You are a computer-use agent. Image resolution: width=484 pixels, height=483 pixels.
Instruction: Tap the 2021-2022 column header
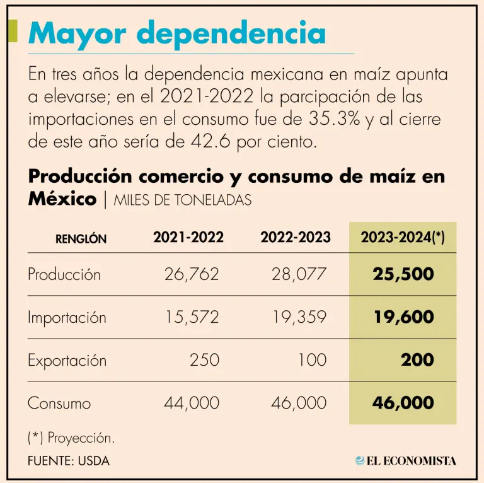coord(188,238)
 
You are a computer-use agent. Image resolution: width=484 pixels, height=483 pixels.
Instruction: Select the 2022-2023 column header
coord(295,238)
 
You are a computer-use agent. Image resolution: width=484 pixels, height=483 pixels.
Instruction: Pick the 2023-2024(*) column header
coord(403,238)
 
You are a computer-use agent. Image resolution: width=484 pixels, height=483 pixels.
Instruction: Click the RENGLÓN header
coord(81,240)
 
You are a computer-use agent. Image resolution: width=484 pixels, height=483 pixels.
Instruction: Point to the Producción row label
coord(64,275)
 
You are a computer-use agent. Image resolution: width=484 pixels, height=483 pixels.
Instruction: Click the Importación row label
coord(67,318)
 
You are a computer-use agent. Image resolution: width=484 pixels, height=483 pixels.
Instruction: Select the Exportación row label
coord(67,361)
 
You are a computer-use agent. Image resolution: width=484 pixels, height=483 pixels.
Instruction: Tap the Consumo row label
coord(59,404)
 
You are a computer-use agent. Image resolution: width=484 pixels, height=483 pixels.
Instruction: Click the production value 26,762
coord(192,274)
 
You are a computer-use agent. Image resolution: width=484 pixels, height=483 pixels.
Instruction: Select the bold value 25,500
coord(403,274)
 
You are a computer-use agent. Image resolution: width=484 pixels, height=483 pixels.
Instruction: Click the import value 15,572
coord(192,317)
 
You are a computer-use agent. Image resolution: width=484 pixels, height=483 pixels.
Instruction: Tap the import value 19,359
coord(299,317)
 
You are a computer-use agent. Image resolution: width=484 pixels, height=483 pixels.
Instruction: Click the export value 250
coord(204,360)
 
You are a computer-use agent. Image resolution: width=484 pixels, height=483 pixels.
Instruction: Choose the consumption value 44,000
coord(192,403)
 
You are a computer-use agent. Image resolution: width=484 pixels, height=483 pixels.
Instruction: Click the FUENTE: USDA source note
coord(69,461)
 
